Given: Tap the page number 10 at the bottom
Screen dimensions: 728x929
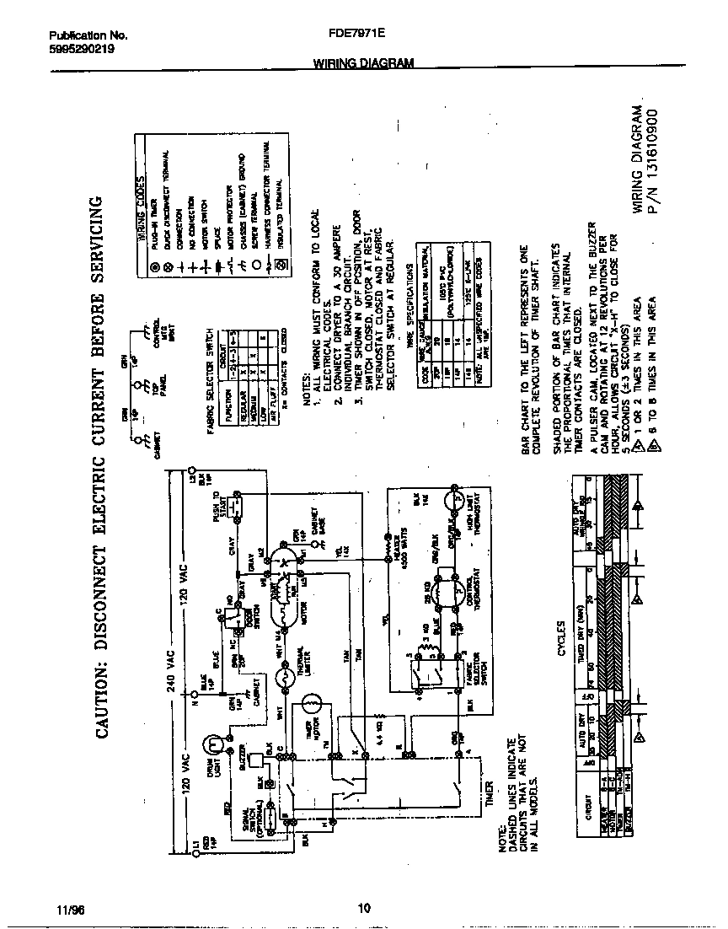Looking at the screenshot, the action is pyautogui.click(x=363, y=908).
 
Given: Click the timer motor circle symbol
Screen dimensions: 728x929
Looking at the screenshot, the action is pyautogui.click(x=312, y=702).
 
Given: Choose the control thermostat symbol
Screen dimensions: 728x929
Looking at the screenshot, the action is pyautogui.click(x=455, y=589).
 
